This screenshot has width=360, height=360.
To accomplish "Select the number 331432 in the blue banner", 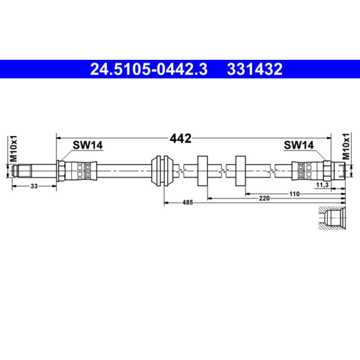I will pos(255,70).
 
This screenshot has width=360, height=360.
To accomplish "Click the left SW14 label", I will pos(88,145).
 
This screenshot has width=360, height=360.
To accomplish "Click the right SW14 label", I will pos(298,145).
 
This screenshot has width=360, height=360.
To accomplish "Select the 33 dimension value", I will pos(34,185).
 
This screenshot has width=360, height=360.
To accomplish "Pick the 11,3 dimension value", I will pos(322,185).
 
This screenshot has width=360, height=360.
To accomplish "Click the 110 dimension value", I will pos(294,193).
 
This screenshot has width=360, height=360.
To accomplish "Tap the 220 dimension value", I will pos(264,198).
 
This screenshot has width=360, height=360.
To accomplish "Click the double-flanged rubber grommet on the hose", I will pos(162,171).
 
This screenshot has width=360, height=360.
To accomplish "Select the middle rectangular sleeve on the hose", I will pos(202,171).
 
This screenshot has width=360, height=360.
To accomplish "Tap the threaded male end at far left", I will pos(22,171).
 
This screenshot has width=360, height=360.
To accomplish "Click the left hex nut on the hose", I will pos(61,171).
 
